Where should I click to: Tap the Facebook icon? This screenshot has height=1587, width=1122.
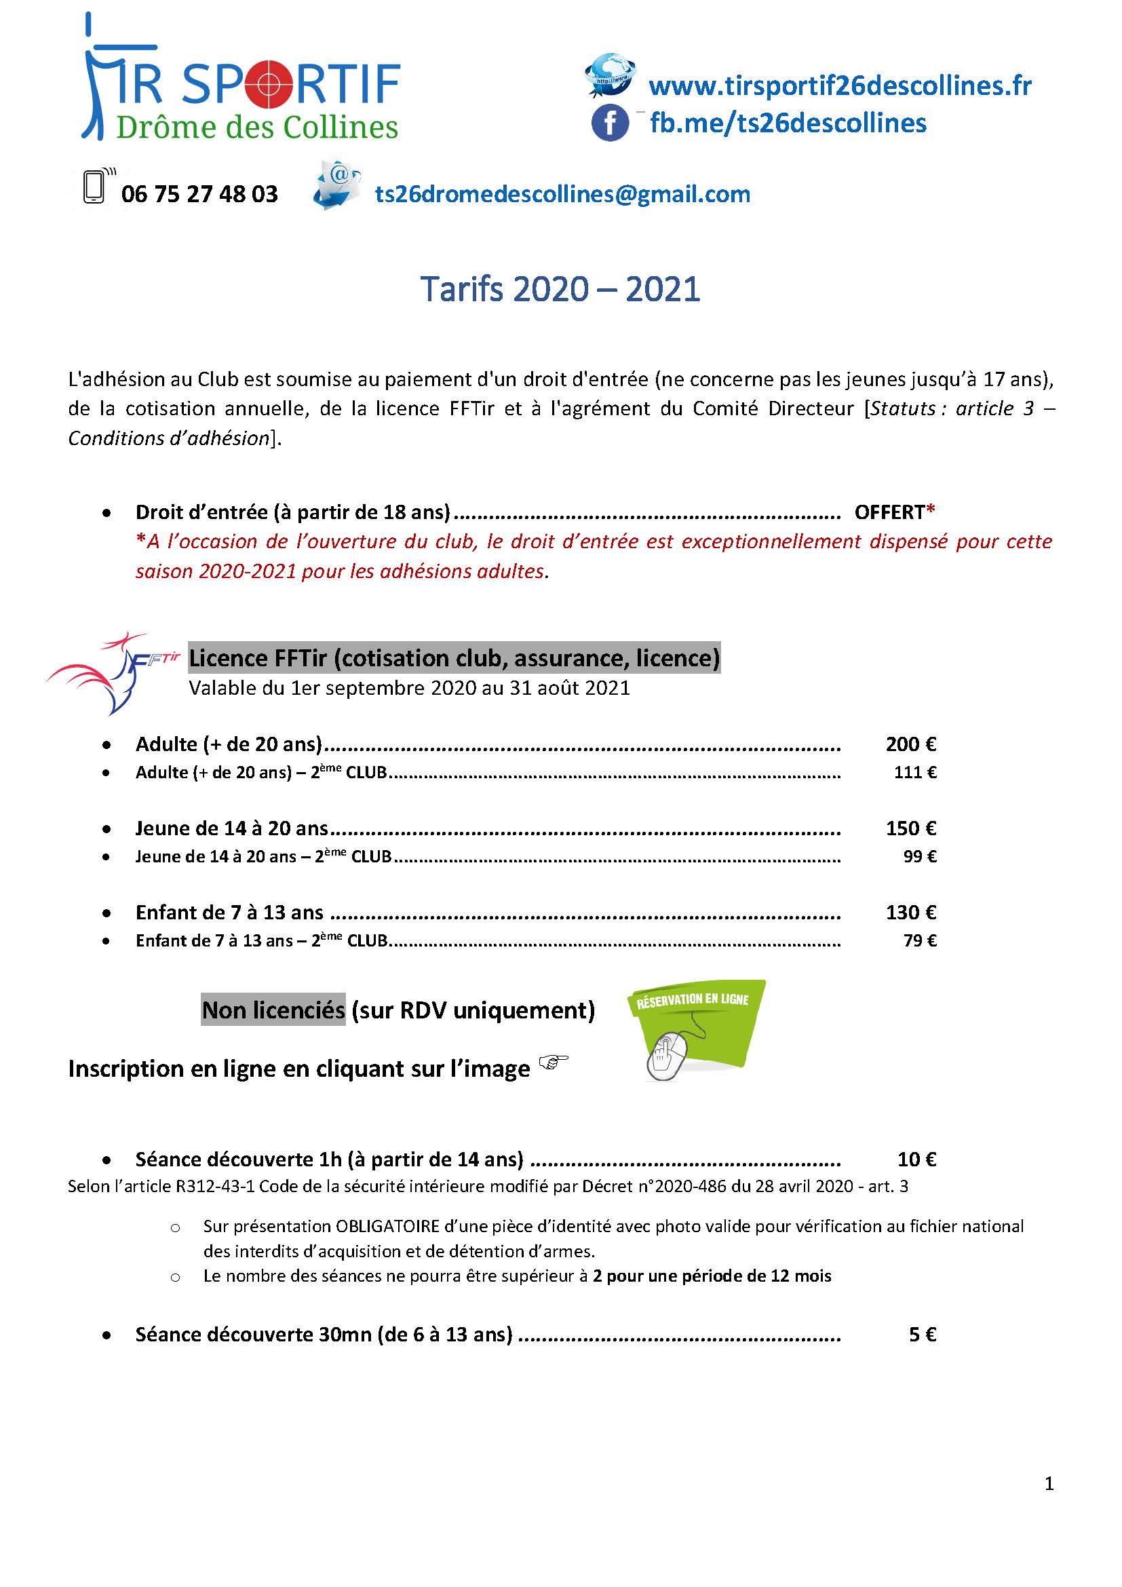coord(610,123)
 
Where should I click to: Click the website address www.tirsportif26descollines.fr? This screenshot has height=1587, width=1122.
coord(839,85)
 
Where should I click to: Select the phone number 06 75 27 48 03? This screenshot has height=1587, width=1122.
coord(199,194)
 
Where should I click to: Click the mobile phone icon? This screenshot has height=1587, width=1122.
coord(94,187)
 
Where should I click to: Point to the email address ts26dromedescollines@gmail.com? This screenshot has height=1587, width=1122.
coord(562,194)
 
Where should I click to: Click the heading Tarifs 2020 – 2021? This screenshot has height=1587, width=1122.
coord(560,289)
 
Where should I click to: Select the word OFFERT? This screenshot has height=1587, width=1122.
coord(889,512)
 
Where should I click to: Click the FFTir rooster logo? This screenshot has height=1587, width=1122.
coord(111,670)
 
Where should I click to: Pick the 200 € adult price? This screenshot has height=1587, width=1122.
coord(910,744)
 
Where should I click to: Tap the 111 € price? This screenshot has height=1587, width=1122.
coord(914,773)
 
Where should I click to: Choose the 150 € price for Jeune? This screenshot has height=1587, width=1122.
coord(910,828)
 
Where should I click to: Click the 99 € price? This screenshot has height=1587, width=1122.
coord(920,857)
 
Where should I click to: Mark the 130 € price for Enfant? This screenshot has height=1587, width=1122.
coord(910,913)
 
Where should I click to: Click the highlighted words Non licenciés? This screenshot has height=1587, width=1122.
coord(273,1010)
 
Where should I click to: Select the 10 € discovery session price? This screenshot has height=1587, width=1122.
coord(917,1159)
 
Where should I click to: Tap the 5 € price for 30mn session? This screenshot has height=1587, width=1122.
coord(923,1335)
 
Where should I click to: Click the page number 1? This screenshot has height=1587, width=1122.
coord(1049,1484)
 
